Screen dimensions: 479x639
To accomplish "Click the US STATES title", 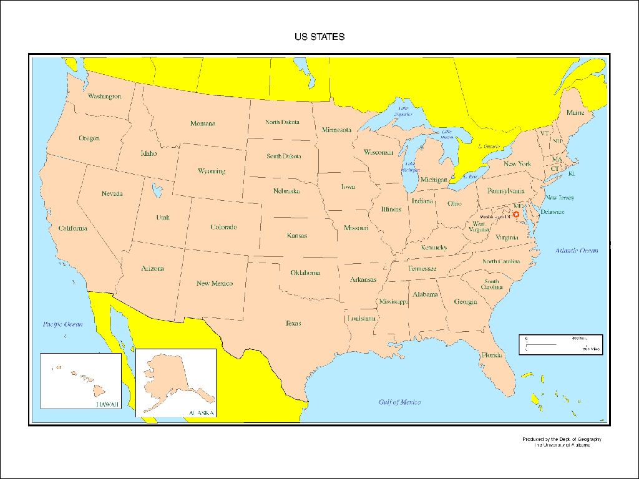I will point(319,37).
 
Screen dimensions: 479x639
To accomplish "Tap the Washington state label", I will point(104,97).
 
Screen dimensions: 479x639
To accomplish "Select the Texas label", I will point(293,323).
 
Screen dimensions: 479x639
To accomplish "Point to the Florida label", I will point(492,355).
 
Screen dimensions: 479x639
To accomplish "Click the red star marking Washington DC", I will point(516,214).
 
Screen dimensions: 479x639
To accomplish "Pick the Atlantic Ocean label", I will point(577,250).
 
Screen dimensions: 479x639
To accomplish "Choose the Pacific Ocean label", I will point(62,324).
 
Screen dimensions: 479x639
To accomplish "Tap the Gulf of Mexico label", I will point(399,402).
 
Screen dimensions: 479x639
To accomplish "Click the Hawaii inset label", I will point(105,404).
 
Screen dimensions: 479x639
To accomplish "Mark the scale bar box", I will point(560,344).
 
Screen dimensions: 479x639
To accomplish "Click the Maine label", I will point(575,113).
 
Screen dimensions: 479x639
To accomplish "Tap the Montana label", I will point(203,123).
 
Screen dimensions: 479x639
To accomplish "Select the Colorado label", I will point(223,227).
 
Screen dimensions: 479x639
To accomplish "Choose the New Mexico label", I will point(214,283).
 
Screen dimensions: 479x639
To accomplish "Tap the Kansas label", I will point(297,236).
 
